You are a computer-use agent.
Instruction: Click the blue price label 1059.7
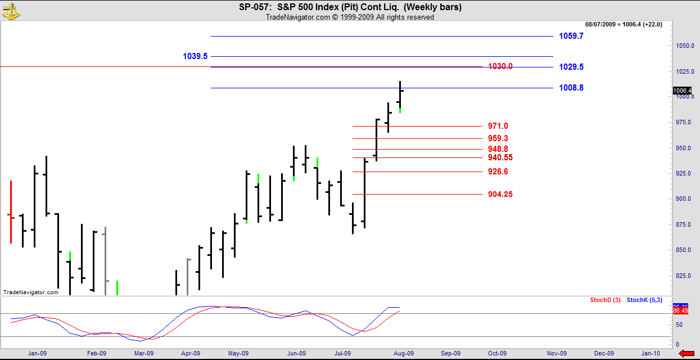571,36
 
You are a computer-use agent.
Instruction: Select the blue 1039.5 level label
195,56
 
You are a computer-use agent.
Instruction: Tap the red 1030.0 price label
500,66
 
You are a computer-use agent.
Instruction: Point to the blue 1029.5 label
571,67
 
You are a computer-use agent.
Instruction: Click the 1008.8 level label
571,88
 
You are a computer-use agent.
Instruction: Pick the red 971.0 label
498,126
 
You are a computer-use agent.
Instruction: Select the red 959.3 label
498,138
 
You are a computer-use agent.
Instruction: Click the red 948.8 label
498,149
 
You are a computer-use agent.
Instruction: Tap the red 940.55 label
500,157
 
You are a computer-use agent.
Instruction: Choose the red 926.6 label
498,172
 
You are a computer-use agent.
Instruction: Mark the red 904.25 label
500,195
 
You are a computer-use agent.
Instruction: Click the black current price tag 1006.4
682,91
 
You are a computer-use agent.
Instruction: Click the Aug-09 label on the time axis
403,353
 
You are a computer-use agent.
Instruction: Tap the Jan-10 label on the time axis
651,353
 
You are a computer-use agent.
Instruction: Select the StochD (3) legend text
605,300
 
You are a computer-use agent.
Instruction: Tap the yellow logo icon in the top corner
11,10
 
